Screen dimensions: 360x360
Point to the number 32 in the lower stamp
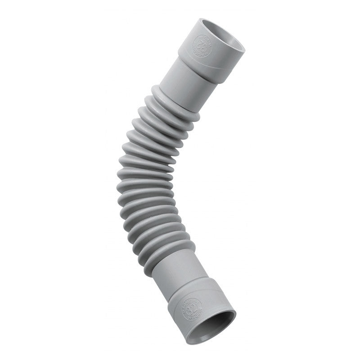click(193, 308)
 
